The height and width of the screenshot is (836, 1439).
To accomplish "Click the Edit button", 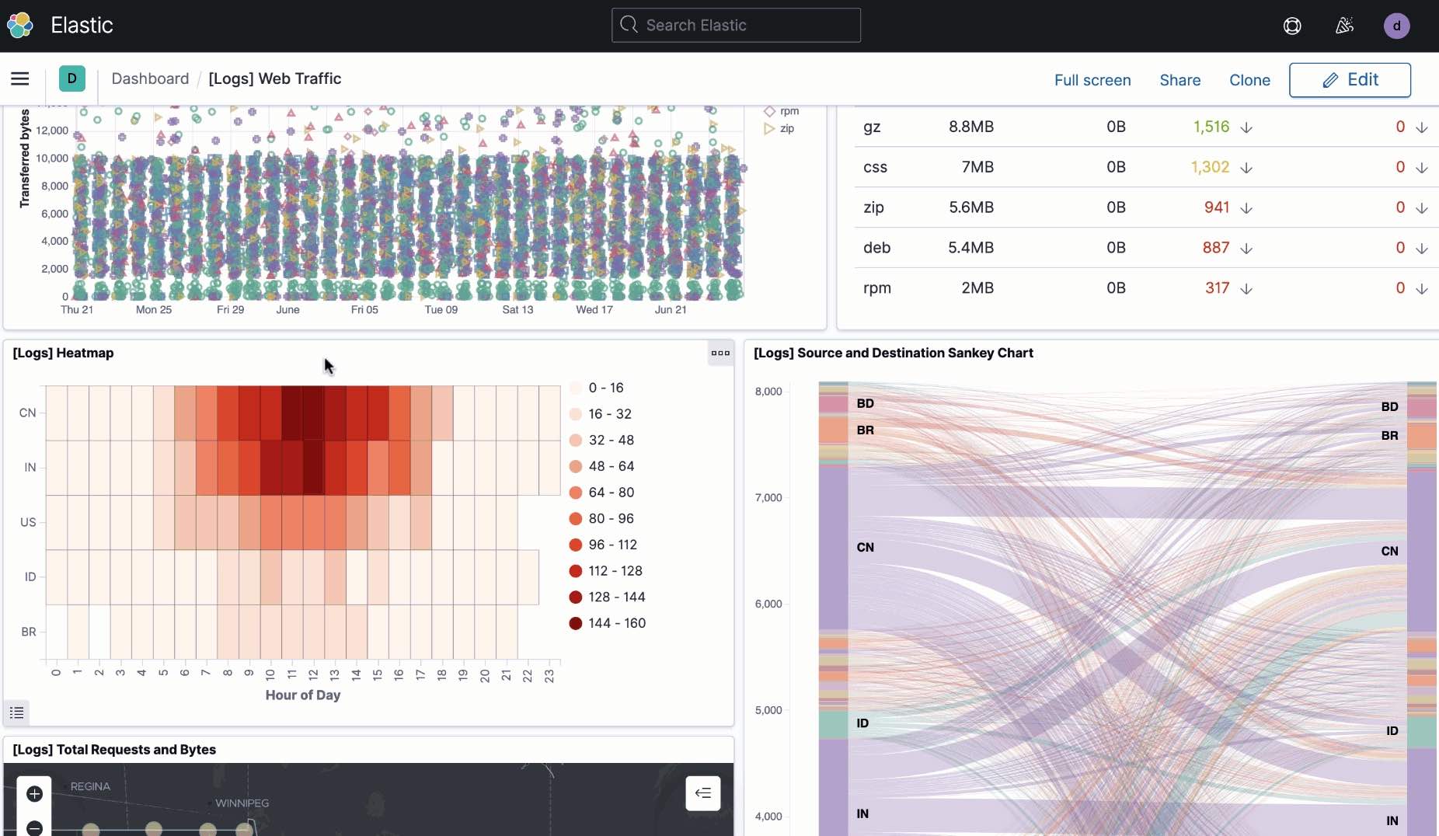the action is click(1350, 80).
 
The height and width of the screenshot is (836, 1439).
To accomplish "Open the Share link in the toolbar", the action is click(1179, 80).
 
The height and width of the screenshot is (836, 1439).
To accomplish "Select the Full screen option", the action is click(1092, 80).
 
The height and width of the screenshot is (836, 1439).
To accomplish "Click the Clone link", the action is click(1249, 80).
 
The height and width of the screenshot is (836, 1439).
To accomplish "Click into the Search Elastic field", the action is click(736, 25).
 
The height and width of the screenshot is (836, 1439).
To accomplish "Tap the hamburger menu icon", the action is click(20, 78).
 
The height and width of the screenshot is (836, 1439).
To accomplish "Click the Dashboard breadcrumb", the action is click(150, 78).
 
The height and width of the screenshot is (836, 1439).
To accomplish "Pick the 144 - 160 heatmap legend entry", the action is click(608, 623).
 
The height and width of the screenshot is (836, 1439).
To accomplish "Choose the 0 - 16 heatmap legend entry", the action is click(597, 388).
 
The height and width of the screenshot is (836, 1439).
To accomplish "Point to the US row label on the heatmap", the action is click(28, 522).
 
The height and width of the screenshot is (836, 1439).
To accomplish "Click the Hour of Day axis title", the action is click(303, 695).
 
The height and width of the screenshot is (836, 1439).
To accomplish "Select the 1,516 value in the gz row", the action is click(1211, 127).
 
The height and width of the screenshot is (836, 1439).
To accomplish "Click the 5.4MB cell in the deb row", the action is click(970, 248).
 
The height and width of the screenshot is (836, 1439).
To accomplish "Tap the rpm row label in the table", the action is click(877, 288).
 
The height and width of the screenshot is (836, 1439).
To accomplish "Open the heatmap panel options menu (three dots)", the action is click(720, 353).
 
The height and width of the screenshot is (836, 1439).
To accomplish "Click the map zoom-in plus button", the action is click(34, 793).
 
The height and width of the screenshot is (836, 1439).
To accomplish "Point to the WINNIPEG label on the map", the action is click(242, 803).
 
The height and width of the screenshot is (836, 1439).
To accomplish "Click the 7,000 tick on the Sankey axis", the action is click(768, 497).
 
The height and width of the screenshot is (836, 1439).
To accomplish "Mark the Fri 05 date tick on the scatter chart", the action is click(364, 309).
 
